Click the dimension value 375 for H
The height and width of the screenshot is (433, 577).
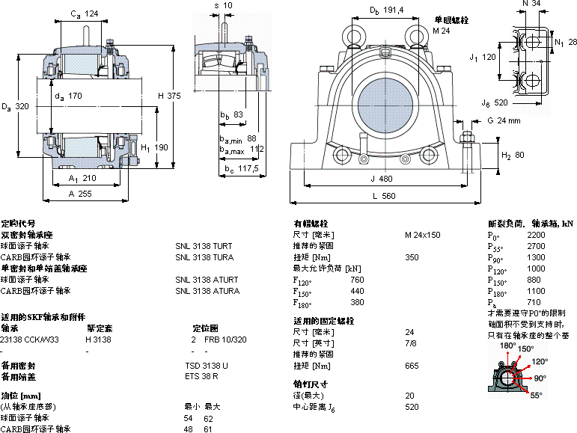tap(174, 96)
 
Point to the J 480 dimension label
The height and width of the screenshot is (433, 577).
tap(381, 179)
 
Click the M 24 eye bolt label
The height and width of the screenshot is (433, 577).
tap(442, 31)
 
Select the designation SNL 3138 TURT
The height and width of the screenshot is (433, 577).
tap(204, 246)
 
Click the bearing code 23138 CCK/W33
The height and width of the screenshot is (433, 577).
tap(31, 339)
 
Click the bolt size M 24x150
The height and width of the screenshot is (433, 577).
tap(422, 235)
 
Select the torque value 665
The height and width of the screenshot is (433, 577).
tap(411, 366)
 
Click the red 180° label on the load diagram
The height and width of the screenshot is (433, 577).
tap(507, 346)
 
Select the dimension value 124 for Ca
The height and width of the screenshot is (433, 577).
tap(91, 14)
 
